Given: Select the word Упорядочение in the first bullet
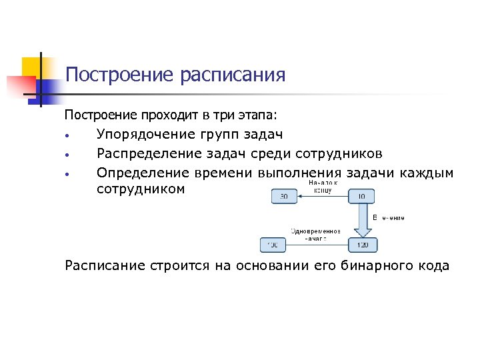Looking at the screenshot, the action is click(x=144, y=135).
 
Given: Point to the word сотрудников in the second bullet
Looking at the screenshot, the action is click(x=339, y=155).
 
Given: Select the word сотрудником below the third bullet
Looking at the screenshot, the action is click(x=139, y=190).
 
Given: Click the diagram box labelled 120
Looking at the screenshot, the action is click(x=362, y=245).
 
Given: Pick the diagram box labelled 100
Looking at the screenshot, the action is click(x=273, y=245).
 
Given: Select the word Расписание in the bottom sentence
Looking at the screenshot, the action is click(x=105, y=266).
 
